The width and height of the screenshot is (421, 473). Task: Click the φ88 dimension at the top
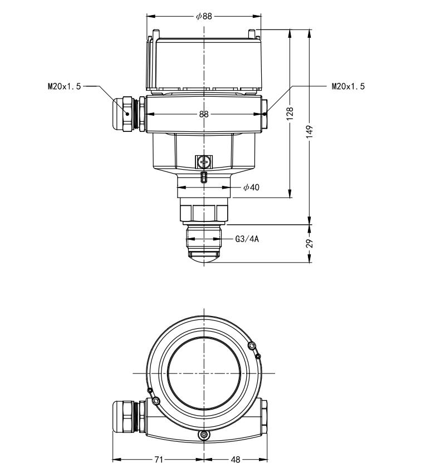click(x=204, y=16)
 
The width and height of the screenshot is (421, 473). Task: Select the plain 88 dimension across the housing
click(x=204, y=114)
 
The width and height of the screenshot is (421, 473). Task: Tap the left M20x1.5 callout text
click(x=64, y=86)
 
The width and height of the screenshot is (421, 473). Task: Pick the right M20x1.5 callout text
click(x=348, y=86)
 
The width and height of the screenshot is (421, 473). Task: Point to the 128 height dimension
click(x=290, y=114)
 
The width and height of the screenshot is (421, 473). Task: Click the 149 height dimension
click(x=310, y=130)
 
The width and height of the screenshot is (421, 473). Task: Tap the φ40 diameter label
click(x=251, y=188)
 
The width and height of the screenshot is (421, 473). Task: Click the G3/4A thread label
click(x=248, y=240)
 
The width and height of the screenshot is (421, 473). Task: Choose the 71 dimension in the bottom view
click(x=159, y=460)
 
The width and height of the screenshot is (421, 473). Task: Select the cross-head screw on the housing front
click(x=204, y=162)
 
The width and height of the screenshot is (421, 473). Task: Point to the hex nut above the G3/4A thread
click(x=204, y=212)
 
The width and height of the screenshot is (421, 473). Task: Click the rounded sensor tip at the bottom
click(x=204, y=255)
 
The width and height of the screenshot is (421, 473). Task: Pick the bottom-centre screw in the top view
click(x=204, y=434)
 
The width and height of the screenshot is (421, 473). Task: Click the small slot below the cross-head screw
click(x=204, y=177)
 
